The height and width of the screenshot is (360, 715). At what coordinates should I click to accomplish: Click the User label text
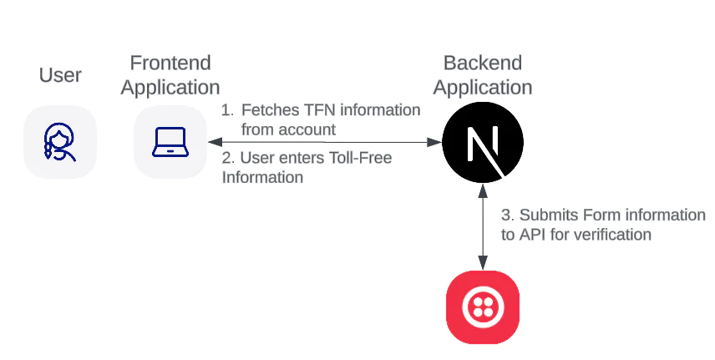pyautogui.click(x=60, y=76)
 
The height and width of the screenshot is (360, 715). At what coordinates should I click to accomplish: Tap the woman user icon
pyautogui.click(x=60, y=141)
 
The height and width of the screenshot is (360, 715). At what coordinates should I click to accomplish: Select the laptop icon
pyautogui.click(x=170, y=141)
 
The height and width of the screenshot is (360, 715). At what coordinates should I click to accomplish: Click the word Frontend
pyautogui.click(x=170, y=63)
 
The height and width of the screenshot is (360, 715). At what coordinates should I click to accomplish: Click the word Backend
pyautogui.click(x=482, y=63)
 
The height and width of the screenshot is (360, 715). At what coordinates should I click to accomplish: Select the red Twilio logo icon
pyautogui.click(x=482, y=308)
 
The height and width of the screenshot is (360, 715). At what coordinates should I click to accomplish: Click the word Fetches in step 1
pyautogui.click(x=266, y=110)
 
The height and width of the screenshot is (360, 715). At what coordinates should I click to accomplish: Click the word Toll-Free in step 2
pyautogui.click(x=362, y=157)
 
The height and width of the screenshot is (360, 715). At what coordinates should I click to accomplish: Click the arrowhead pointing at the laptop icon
pyautogui.click(x=214, y=143)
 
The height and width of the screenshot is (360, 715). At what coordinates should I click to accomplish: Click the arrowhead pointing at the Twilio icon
pyautogui.click(x=482, y=263)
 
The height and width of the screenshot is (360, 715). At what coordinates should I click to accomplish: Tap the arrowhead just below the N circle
pyautogui.click(x=482, y=190)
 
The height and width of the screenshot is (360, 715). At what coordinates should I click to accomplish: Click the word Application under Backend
pyautogui.click(x=482, y=87)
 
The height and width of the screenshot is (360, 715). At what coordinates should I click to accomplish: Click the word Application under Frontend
pyautogui.click(x=170, y=87)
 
